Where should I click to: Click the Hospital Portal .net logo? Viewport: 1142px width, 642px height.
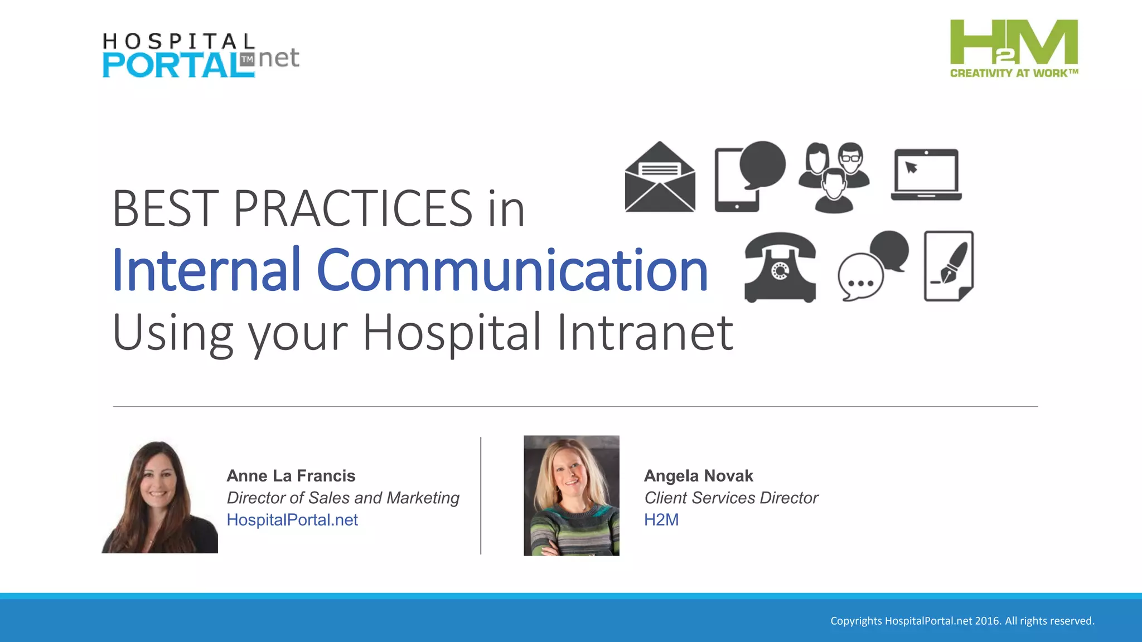(201, 56)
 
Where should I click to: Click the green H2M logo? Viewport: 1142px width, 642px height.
(1014, 48)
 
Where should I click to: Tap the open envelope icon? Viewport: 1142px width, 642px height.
(660, 177)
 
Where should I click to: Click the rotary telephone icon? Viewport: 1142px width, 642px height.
(780, 268)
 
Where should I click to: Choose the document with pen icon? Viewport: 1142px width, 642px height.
(949, 266)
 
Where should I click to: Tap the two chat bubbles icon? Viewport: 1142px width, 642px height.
(873, 266)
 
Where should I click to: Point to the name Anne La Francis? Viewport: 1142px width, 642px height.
(291, 476)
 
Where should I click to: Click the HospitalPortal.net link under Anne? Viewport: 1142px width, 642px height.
(292, 520)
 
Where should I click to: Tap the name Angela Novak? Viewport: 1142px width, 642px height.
(698, 476)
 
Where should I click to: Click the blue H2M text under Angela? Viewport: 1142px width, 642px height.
(661, 520)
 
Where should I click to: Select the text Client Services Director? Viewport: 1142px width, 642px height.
(730, 498)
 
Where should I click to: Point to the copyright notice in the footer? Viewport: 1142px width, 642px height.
(962, 621)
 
